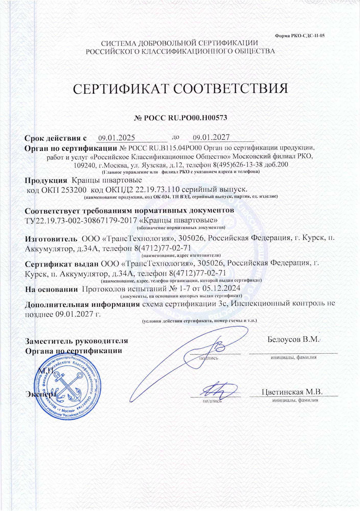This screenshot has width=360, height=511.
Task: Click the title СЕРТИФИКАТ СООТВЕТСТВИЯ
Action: pos(180,89)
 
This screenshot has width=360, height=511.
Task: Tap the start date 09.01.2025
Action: pos(117,138)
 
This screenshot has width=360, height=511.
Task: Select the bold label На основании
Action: pos(51,289)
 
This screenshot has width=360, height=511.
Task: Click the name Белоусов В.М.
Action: pos(294,340)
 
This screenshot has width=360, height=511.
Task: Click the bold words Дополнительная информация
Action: pos(82,304)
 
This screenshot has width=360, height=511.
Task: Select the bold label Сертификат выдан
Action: pos(62,263)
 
